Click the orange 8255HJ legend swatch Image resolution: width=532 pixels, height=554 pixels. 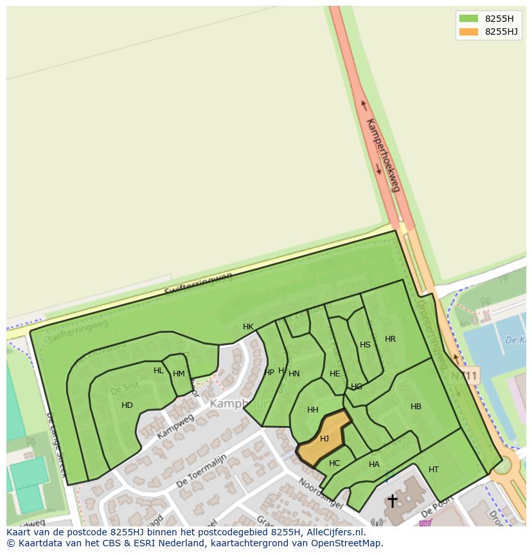point(469,32)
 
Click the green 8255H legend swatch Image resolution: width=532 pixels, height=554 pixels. point(469,18)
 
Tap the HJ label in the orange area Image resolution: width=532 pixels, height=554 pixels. point(324,439)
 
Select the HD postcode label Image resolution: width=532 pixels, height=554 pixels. point(127,405)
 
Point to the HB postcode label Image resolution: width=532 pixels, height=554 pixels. point(416,407)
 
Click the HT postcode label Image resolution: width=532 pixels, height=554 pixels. point(434,470)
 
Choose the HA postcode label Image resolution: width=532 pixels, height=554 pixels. point(374,465)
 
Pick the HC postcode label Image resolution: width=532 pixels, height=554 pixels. point(334,463)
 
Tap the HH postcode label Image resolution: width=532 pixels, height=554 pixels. point(313,410)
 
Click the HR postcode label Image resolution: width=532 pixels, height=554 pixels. point(390,339)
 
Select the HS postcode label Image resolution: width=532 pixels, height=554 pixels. point(365,345)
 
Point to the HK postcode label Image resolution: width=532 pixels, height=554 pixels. point(248,327)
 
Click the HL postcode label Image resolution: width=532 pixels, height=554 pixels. point(159,371)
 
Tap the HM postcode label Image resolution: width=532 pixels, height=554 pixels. point(179,374)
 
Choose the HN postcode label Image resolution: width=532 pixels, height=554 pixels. point(294,374)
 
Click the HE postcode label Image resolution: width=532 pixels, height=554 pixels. point(335,374)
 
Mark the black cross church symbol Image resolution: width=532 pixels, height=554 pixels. point(392,501)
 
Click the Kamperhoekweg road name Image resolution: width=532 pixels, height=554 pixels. point(383,154)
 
